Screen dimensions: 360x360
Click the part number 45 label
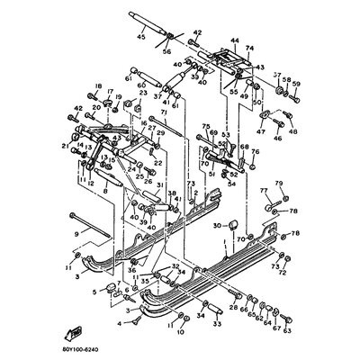click(x=139, y=38)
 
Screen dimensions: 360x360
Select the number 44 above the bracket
click(x=235, y=40)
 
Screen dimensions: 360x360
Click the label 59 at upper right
click(x=296, y=85)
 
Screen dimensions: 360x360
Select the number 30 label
click(x=219, y=226)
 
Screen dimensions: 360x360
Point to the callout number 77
click(x=264, y=191)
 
